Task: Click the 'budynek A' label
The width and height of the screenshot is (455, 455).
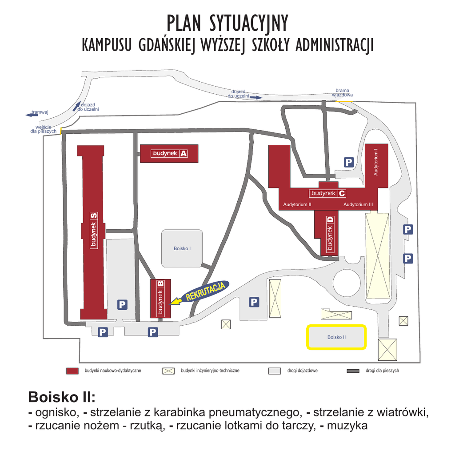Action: pos(169,153)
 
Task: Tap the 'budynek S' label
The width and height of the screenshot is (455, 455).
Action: pos(93,230)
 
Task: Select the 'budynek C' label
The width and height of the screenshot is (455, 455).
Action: pos(328,193)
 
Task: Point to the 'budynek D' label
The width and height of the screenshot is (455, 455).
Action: pos(330,235)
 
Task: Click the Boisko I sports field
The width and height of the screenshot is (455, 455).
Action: pos(182,248)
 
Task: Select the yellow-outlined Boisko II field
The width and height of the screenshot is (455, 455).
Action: pos(336,337)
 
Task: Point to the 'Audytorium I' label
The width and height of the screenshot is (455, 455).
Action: pos(376,163)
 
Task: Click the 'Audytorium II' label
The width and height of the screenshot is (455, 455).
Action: pos(297,204)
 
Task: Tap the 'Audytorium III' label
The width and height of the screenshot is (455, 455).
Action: pos(358,204)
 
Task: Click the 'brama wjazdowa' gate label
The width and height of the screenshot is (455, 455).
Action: pos(342,92)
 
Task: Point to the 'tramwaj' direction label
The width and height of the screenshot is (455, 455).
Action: pos(40,112)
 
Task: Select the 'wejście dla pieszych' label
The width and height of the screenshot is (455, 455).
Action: pos(44,129)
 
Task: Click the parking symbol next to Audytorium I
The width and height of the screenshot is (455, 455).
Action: pos(349,163)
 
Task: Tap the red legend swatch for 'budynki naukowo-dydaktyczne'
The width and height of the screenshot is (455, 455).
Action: pos(72,371)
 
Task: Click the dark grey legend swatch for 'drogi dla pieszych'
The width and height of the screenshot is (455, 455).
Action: pos(353,371)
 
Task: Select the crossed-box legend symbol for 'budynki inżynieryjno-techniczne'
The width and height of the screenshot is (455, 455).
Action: pos(168,371)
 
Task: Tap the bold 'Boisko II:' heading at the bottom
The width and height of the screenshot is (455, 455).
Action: pos(62,396)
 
